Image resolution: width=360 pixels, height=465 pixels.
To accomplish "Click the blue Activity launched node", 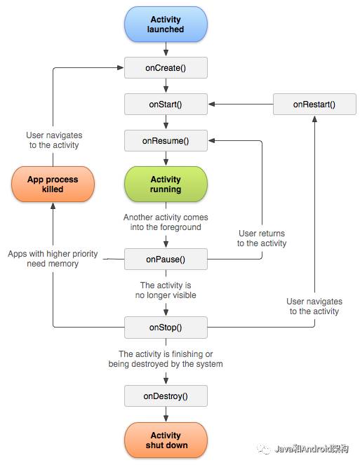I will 166,25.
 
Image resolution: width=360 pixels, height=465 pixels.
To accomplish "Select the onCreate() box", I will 166,68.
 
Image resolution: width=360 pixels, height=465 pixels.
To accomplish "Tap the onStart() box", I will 166,104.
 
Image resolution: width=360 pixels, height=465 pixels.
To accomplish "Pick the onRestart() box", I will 314,104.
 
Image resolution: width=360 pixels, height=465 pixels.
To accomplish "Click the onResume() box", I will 166,141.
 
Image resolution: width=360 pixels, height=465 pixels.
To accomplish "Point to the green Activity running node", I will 166,184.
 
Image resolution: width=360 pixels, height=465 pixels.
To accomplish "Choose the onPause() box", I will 166,259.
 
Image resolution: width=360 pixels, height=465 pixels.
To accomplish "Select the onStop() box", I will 166,327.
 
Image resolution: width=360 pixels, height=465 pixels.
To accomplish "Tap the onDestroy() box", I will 166,396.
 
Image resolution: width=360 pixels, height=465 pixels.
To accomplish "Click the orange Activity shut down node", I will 166,440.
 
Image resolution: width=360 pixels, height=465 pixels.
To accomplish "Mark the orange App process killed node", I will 53,184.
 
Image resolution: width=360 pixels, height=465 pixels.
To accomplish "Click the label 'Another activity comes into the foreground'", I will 166,222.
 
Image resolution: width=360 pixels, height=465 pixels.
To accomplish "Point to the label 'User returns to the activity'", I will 262,238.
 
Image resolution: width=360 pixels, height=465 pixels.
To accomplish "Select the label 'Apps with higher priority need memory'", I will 53,259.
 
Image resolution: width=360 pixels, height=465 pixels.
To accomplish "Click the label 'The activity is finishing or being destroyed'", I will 166,359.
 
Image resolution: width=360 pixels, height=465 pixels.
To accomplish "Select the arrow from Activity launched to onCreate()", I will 166,49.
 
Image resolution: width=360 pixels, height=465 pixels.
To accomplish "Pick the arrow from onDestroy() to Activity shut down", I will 166,415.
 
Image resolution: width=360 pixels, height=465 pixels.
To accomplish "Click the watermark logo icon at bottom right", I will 264,450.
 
